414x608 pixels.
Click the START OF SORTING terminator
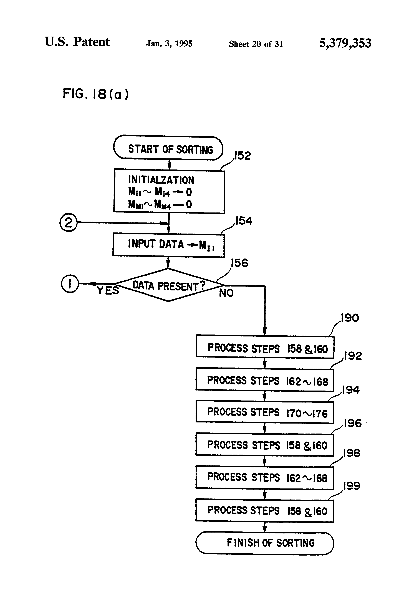pyautogui.click(x=168, y=148)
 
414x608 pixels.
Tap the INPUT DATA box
pyautogui.click(x=168, y=245)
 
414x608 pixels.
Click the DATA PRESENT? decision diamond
pyautogui.click(x=168, y=285)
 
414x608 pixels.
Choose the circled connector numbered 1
pyautogui.click(x=70, y=284)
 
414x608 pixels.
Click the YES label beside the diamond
pyautogui.click(x=108, y=291)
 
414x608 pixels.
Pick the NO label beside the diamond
pyautogui.click(x=226, y=293)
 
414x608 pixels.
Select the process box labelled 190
pyautogui.click(x=265, y=347)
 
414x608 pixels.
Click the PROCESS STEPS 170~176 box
pyautogui.click(x=265, y=412)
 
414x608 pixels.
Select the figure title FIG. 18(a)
pyautogui.click(x=95, y=94)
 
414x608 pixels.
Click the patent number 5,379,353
pyautogui.click(x=345, y=43)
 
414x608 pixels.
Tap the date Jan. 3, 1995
pyautogui.click(x=169, y=43)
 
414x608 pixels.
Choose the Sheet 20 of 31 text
pyautogui.click(x=256, y=44)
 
